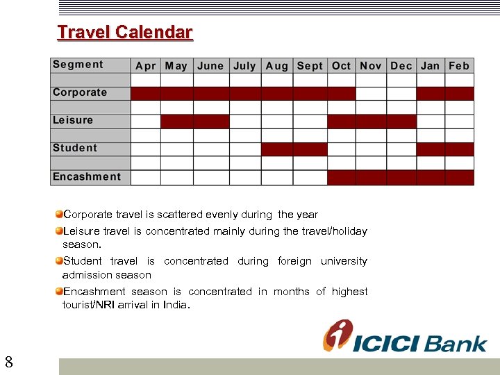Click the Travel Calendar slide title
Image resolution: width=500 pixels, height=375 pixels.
pyautogui.click(x=125, y=32)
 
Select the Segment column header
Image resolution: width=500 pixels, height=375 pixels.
pyautogui.click(x=78, y=65)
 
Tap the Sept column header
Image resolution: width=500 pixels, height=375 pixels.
pyautogui.click(x=310, y=65)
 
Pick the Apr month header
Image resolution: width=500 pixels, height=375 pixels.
pyautogui.click(x=146, y=65)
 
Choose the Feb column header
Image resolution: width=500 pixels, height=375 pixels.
pyautogui.click(x=459, y=65)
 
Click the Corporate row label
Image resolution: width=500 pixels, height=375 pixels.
pyautogui.click(x=80, y=92)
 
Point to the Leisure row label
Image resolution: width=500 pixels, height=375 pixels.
pyautogui.click(x=73, y=120)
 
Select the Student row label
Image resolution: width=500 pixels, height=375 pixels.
pyautogui.click(x=75, y=148)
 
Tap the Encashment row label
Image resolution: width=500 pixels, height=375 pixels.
pyautogui.click(x=87, y=176)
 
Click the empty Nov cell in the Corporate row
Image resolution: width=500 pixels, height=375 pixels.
pyautogui.click(x=371, y=94)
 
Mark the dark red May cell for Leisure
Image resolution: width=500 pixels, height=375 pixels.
pyautogui.click(x=176, y=122)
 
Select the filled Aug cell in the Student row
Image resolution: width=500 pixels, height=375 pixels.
pyautogui.click(x=276, y=149)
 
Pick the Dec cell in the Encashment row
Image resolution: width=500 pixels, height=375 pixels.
pyautogui.click(x=401, y=177)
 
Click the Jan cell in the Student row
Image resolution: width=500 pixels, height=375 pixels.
pyautogui.click(x=431, y=149)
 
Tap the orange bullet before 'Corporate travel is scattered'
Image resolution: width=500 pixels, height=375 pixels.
pyautogui.click(x=59, y=215)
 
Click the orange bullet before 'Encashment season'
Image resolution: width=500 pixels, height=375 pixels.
pyautogui.click(x=59, y=292)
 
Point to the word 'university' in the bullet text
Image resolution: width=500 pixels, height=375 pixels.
pyautogui.click(x=344, y=261)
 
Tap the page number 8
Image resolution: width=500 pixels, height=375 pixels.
pyautogui.click(x=8, y=362)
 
